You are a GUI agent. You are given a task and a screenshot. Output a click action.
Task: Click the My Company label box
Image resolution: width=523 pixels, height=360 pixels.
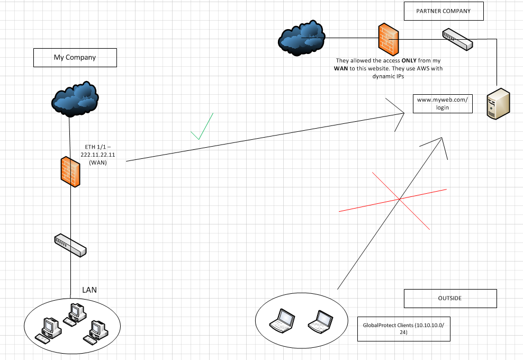click(75, 57)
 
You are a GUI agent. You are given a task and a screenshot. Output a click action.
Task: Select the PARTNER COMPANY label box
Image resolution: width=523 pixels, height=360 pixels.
click(444, 11)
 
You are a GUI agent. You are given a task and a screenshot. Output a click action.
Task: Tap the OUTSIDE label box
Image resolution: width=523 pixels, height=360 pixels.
click(450, 298)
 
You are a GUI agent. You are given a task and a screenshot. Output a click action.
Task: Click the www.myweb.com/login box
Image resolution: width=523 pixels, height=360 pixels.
click(443, 103)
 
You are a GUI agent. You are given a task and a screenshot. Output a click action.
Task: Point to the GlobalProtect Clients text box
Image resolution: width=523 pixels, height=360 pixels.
click(403, 328)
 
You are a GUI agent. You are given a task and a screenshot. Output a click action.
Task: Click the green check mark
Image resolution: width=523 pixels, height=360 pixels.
click(202, 127)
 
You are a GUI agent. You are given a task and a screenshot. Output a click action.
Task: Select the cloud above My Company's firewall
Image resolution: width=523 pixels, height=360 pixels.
click(75, 98)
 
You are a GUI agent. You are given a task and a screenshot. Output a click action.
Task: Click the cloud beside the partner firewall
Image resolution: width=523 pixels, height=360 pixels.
click(301, 38)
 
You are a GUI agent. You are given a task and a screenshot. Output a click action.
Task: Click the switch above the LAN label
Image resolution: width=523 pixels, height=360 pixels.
click(70, 245)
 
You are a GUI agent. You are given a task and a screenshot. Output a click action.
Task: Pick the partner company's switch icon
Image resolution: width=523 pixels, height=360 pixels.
click(457, 39)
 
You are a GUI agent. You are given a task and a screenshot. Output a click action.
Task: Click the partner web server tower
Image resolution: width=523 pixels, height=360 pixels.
click(499, 104)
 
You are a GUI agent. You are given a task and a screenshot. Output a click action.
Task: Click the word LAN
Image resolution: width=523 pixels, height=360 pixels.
click(89, 290)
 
